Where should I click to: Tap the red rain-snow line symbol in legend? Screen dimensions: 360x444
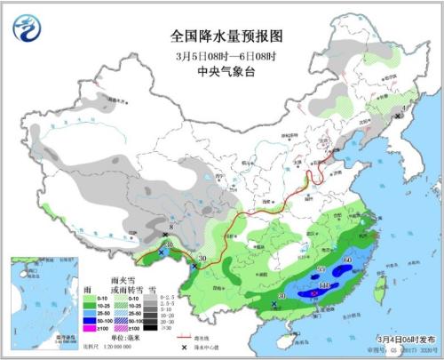(186, 338)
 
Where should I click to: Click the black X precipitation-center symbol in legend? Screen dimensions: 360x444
(184, 347)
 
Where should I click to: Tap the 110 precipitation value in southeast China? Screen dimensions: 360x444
(325, 284)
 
